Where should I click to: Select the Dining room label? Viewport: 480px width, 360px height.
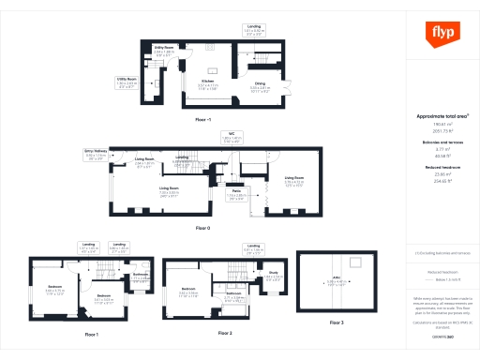261,85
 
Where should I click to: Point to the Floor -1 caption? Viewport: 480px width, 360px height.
202,121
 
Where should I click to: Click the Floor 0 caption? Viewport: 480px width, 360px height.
202,228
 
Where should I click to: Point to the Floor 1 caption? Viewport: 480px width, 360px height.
91,334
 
